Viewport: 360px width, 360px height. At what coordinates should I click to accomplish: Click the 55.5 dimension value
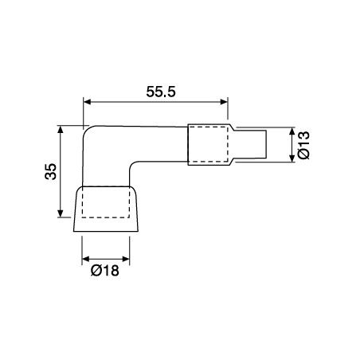click(x=155, y=92)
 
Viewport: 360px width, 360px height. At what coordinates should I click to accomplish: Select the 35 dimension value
click(x=49, y=172)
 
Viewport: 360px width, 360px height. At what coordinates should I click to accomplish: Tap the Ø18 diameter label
click(x=105, y=271)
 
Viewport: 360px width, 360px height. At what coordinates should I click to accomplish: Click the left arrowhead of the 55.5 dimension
click(x=88, y=102)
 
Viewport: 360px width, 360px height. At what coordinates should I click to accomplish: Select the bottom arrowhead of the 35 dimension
click(x=61, y=216)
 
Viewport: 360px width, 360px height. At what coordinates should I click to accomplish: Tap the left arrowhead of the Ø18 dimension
click(x=86, y=259)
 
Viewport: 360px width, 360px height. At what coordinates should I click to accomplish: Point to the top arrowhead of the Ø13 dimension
click(x=292, y=131)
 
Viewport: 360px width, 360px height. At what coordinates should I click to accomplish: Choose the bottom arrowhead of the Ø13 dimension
click(x=292, y=159)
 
